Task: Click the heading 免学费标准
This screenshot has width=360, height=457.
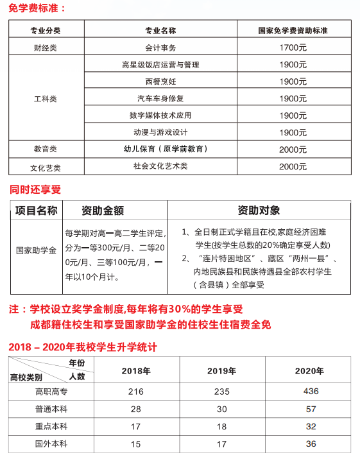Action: pos(38,8)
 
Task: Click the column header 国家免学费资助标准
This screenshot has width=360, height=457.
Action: pos(293,30)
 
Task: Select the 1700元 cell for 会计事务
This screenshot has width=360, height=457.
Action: pos(293,47)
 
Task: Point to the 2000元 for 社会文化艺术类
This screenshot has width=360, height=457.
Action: pos(293,166)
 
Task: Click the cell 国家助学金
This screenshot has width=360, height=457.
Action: pos(36,250)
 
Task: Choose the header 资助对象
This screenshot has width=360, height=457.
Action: pos(259,211)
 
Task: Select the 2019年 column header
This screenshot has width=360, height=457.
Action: pos(222,370)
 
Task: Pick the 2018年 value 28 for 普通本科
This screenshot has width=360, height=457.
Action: pos(135,409)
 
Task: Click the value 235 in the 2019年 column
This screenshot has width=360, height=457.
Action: pos(222,392)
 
